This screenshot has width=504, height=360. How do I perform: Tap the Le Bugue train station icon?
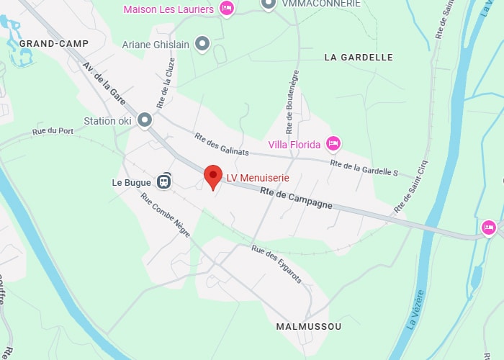point(166,181)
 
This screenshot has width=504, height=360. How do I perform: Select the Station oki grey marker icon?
point(145,120)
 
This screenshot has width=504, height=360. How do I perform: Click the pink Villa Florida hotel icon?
point(333,144)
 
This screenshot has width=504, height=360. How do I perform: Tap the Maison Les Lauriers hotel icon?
point(227,9)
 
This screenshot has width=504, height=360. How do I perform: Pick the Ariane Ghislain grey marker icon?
point(202,45)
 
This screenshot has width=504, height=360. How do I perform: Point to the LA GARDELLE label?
point(359,57)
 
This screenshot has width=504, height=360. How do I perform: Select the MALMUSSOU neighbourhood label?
point(309,327)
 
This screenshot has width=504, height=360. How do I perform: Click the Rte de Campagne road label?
point(297,194)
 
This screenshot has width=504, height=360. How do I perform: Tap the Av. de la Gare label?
point(104,84)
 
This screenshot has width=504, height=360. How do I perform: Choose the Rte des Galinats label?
point(221,144)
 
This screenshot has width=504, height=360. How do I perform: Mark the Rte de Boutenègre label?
point(292,102)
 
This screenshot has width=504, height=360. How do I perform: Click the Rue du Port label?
point(53,132)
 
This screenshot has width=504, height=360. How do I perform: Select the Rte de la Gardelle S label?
point(364,168)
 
